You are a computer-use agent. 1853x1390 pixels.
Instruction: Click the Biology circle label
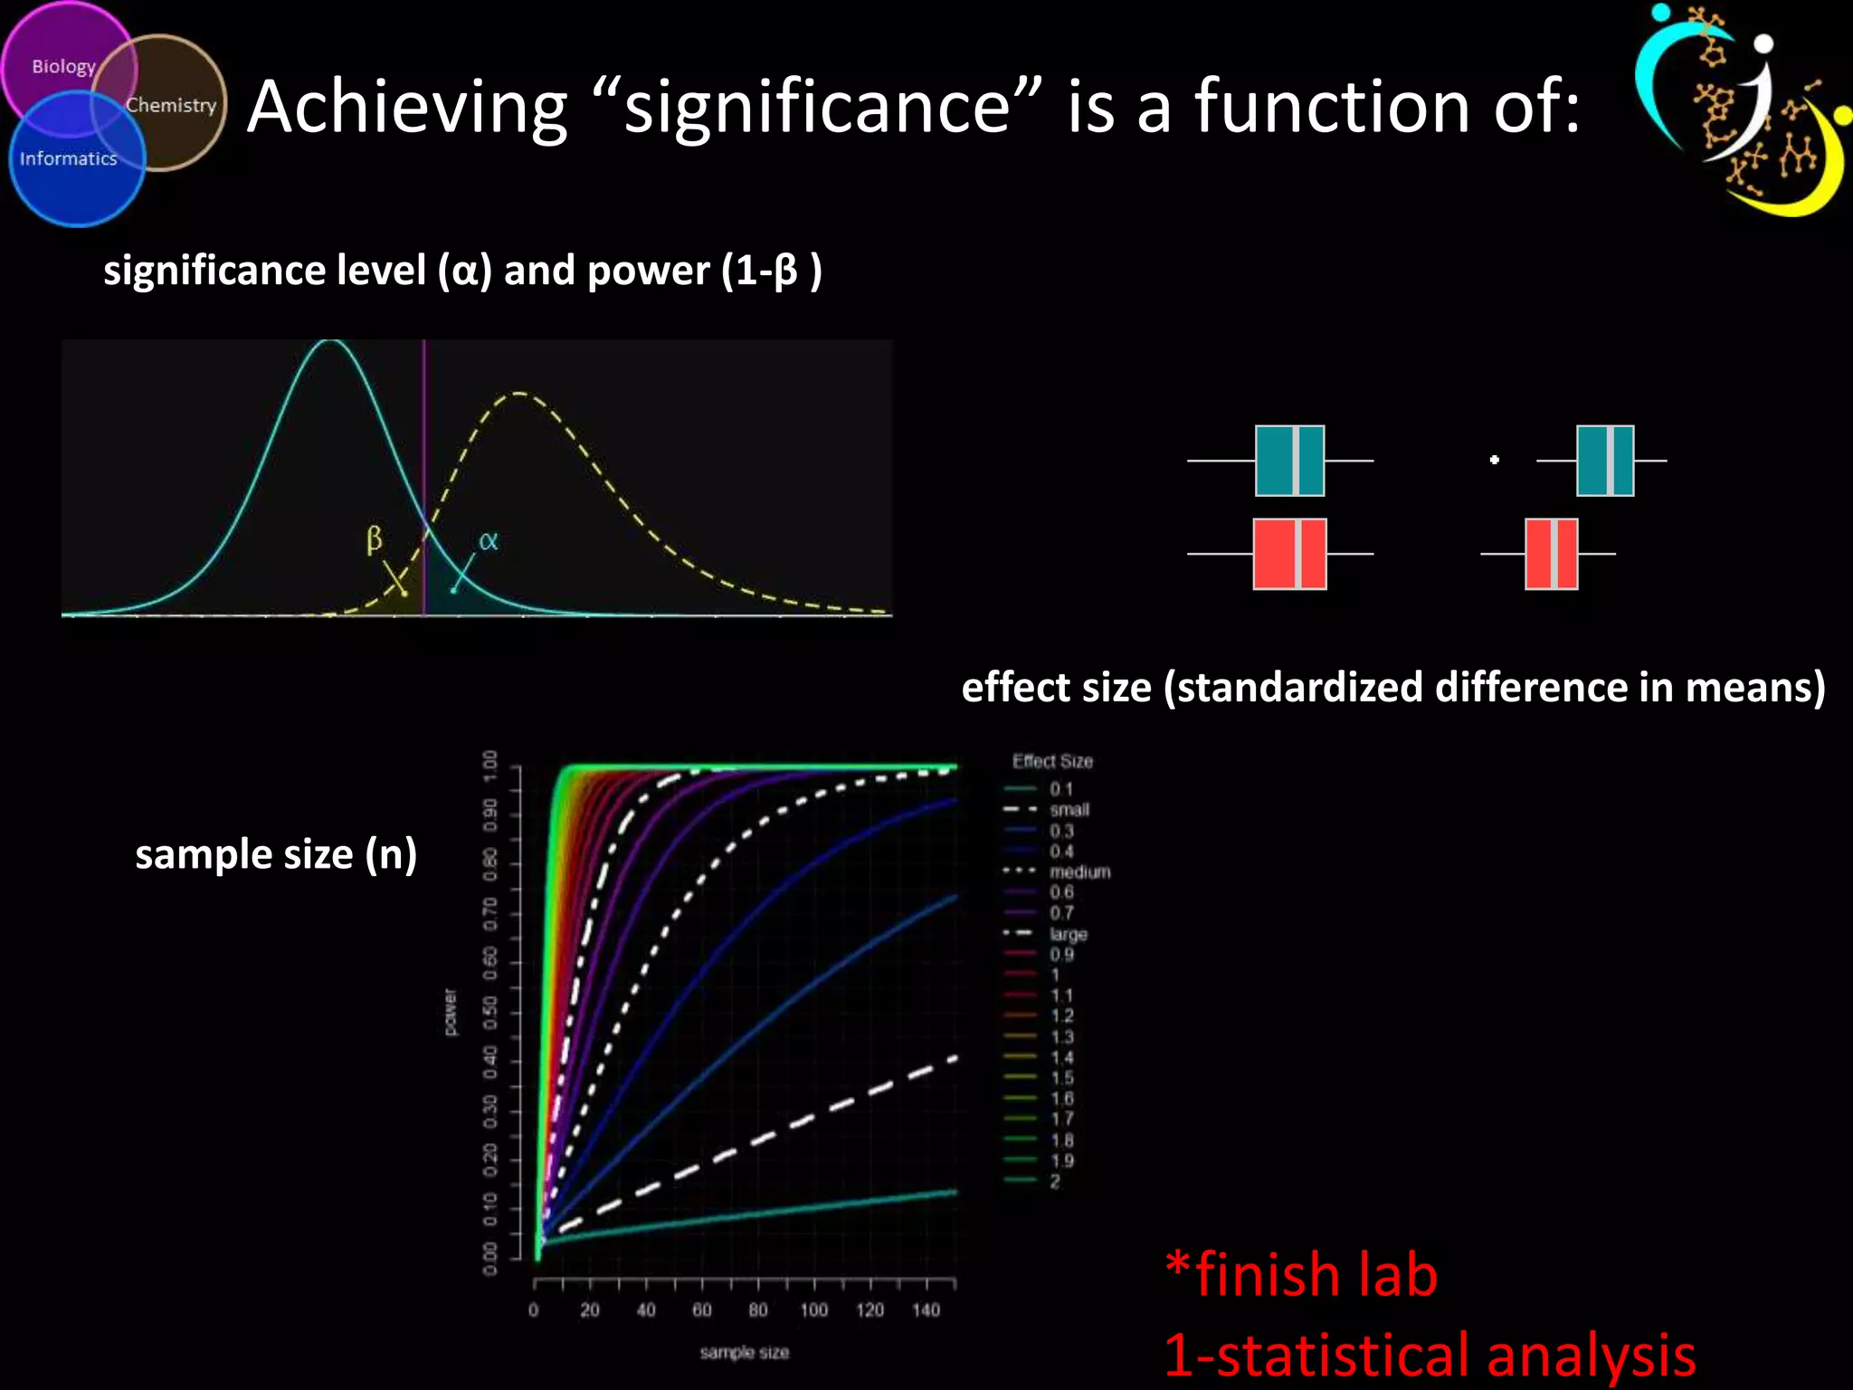(x=63, y=66)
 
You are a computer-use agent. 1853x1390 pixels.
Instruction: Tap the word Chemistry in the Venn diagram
(x=171, y=105)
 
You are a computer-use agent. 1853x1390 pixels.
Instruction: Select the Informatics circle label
(x=69, y=158)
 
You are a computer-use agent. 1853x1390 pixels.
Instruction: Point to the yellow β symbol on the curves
(x=374, y=539)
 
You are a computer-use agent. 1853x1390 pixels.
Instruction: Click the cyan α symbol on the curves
(x=488, y=541)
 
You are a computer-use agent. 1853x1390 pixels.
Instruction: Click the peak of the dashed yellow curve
(x=520, y=394)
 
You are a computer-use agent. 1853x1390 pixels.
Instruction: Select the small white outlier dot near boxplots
(x=1495, y=460)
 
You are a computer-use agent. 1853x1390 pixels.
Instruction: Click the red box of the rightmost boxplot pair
(x=1551, y=554)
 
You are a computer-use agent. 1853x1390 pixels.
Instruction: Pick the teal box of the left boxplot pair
(x=1289, y=461)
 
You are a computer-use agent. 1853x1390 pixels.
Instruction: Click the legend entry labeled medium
(x=1079, y=871)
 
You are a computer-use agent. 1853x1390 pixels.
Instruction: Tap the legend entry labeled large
(x=1068, y=934)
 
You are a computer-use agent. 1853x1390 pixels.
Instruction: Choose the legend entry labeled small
(x=1069, y=810)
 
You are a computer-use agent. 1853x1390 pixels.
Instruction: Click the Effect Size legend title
(x=1052, y=761)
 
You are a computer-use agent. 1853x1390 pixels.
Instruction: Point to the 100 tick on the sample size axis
(x=813, y=1309)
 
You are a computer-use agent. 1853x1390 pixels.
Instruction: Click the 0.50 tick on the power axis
(x=490, y=1012)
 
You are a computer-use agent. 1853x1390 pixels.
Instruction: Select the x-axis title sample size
(x=744, y=1352)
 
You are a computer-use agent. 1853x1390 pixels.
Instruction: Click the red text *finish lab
(x=1300, y=1274)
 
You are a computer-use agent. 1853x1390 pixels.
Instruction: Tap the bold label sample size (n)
(x=276, y=853)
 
